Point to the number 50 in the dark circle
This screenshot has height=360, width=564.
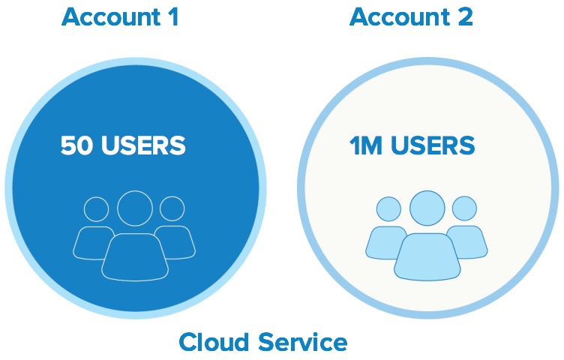[x=76, y=145]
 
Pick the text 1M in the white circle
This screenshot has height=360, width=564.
[x=364, y=145]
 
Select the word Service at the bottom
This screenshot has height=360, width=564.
[x=303, y=342]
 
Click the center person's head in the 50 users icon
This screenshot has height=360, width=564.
[x=135, y=209]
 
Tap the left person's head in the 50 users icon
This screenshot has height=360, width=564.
[x=96, y=209]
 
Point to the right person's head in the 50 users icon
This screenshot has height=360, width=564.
[x=172, y=208]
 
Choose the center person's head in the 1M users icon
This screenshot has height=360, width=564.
[x=427, y=208]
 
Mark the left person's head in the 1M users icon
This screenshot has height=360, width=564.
[x=388, y=209]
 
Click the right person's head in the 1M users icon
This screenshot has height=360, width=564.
[x=464, y=208]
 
